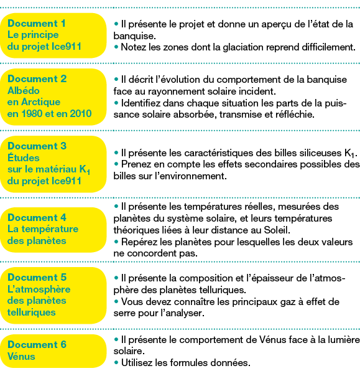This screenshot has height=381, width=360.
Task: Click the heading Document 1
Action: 37,23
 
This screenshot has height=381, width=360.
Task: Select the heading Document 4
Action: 37,217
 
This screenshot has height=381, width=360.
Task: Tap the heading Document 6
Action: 37,344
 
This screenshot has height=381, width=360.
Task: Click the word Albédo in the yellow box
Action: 23,91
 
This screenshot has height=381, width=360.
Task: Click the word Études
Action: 23,158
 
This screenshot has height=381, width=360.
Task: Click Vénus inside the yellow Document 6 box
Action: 21,356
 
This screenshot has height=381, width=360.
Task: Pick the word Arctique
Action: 44,102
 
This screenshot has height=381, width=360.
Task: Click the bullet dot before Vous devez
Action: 116,301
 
